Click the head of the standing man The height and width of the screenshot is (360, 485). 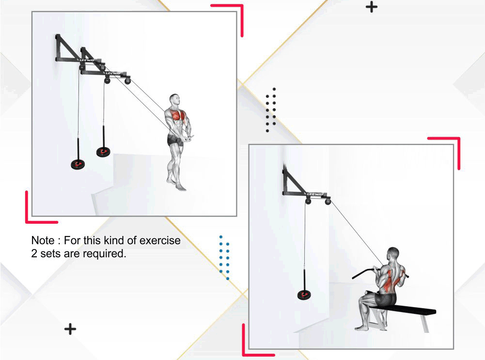174,100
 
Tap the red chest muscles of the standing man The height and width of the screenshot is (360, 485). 176,115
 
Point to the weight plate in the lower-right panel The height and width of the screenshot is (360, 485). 304,295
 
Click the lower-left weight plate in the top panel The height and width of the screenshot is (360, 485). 78,164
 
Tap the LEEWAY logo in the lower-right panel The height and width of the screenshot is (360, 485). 315,194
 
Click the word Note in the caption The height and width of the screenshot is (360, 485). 43,240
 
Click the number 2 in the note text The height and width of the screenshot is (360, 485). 34,253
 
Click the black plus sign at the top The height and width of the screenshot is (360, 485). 372,7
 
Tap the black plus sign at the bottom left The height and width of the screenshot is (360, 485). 70,329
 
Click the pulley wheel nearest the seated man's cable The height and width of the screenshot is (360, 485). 328,202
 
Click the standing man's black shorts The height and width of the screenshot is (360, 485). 175,140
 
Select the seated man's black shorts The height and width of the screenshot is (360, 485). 385,298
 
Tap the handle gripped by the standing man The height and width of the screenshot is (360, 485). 188,137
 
